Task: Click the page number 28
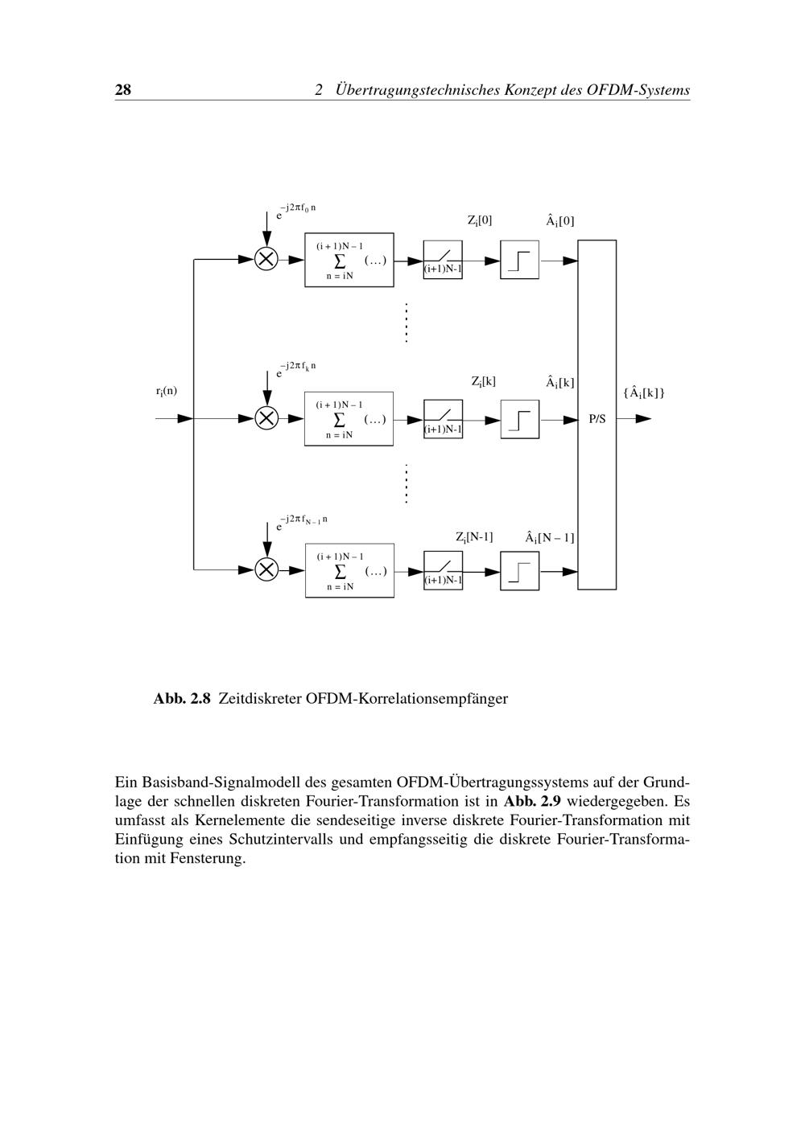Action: point(123,89)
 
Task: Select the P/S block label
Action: point(597,419)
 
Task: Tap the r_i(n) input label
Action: point(167,391)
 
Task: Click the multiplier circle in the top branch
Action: point(266,259)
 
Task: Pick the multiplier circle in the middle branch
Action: point(266,418)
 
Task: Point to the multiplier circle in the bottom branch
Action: point(266,569)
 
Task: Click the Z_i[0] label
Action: point(480,220)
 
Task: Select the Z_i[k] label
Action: point(483,381)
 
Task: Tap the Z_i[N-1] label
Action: point(474,536)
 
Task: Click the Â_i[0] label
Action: point(559,220)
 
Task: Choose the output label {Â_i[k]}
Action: point(643,392)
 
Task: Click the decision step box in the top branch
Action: point(520,260)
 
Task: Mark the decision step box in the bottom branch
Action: point(520,570)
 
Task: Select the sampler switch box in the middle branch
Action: point(443,419)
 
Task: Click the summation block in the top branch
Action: point(349,260)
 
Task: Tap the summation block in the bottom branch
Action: point(349,570)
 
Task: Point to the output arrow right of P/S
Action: point(635,419)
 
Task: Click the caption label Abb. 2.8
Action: point(182,698)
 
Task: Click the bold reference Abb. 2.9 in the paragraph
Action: point(532,801)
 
